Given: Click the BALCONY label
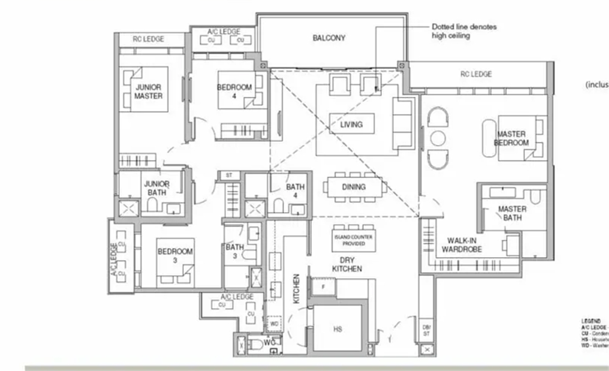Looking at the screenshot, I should (329, 38).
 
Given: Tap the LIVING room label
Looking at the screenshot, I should (351, 124).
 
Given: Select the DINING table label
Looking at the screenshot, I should (353, 187).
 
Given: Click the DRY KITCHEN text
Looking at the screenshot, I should (347, 264).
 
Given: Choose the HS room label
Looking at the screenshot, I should (337, 329).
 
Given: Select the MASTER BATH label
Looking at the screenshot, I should (512, 213).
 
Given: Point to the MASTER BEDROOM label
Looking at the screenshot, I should (512, 138).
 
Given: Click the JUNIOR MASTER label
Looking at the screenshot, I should (148, 91).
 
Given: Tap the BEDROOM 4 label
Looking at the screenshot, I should (234, 91).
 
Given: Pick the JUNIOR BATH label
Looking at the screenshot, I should (157, 188).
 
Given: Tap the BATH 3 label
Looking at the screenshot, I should (235, 252).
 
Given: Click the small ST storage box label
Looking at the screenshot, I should (229, 175).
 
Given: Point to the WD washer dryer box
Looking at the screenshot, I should (274, 323).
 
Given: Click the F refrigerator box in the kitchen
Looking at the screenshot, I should (323, 286).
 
